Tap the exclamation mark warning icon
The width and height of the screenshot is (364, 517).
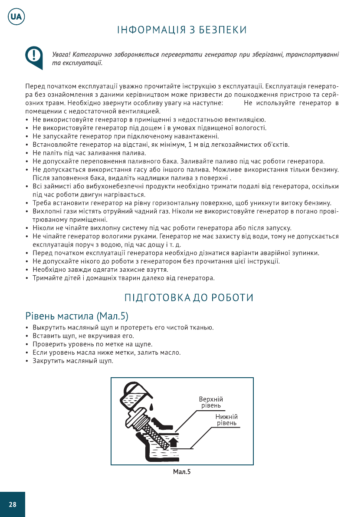pos(33,56)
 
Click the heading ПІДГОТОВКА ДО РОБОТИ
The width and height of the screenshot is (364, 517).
pos(189,298)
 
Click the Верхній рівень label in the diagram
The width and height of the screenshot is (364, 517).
pos(211,402)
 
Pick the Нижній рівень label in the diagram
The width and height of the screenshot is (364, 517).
pos(226,420)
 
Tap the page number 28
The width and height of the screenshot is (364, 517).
pos(13,504)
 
